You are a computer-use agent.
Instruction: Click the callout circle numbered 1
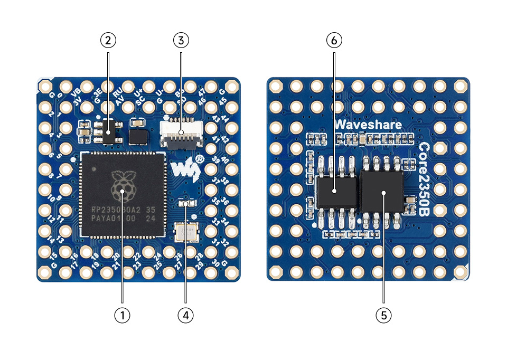pyautogui.click(x=122, y=315)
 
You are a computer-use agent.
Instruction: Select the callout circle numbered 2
pyautogui.click(x=108, y=40)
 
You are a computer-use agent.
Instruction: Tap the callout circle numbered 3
pyautogui.click(x=181, y=40)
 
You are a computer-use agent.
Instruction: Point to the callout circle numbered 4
pyautogui.click(x=185, y=315)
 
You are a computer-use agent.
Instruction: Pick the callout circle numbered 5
pyautogui.click(x=383, y=315)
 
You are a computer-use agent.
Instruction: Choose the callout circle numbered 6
pyautogui.click(x=334, y=40)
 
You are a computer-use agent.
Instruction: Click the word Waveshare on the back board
pyautogui.click(x=369, y=125)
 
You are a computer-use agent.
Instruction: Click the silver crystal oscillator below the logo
pyautogui.click(x=185, y=232)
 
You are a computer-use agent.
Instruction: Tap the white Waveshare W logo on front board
pyautogui.click(x=182, y=169)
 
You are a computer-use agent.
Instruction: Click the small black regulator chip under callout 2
pyautogui.click(x=109, y=133)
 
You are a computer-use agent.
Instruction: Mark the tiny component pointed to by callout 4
pyautogui.click(x=185, y=203)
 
